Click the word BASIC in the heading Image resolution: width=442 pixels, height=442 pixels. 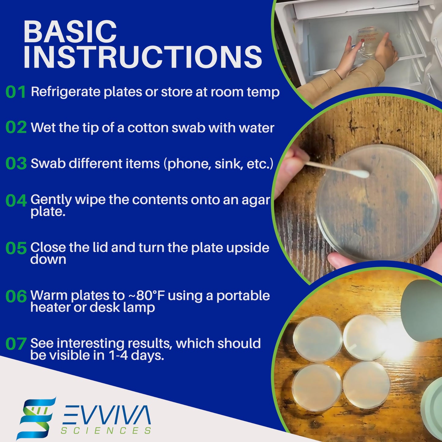tap(70, 32)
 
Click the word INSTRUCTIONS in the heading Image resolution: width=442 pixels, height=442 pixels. tap(143, 57)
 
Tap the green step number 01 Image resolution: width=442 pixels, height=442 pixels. tap(16, 92)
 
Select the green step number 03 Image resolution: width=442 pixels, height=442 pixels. tap(16, 164)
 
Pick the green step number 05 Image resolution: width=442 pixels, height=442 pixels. tap(16, 248)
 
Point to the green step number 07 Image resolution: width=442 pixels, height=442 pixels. tap(16, 344)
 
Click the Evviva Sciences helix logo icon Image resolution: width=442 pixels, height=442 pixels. tap(36, 418)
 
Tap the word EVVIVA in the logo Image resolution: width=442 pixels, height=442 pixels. tap(106, 415)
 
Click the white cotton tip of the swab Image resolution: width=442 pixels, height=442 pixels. tap(362, 174)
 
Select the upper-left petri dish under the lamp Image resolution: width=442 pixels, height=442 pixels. tap(318, 339)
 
